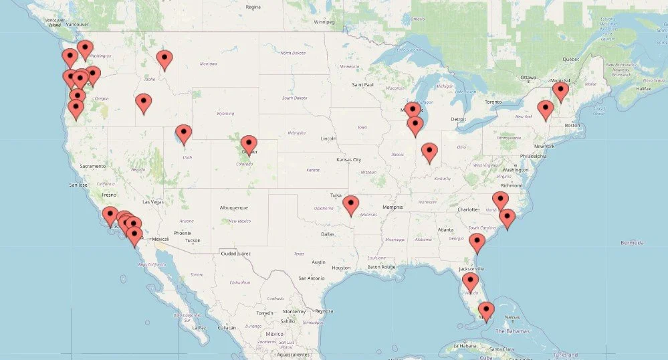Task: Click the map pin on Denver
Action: click(249, 145)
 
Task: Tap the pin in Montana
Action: click(164, 60)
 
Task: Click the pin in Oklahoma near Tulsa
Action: click(350, 205)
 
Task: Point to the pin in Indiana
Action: click(429, 153)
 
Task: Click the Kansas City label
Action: click(349, 160)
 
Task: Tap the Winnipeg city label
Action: click(324, 21)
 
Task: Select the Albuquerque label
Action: click(235, 207)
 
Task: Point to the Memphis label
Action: click(393, 207)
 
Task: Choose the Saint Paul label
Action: click(363, 85)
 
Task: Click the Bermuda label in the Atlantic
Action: click(633, 242)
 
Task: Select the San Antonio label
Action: click(312, 278)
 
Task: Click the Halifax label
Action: click(643, 88)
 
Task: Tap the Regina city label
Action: click(253, 7)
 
